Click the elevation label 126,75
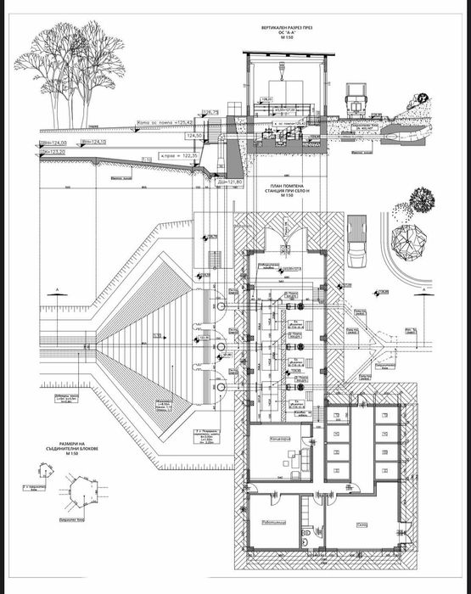pos(210,112)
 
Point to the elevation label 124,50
pos(195,136)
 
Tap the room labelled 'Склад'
pos(362,525)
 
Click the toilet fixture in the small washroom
pos(306,536)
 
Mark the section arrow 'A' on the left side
pos(56,291)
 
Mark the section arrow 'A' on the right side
pos(419,291)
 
